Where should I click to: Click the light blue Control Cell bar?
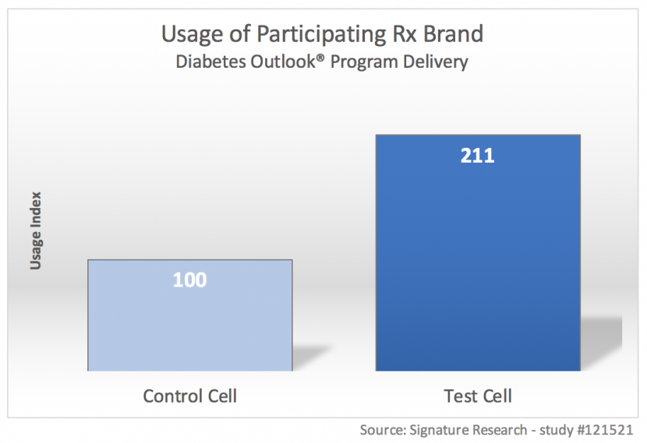pos(189,327)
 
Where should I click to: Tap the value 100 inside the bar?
pos(189,280)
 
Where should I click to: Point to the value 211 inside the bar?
pos(478,156)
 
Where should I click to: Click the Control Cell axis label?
pos(189,396)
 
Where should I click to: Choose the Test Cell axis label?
pos(478,396)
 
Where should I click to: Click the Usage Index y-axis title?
pos(35,230)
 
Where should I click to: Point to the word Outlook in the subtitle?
pos(281,62)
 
